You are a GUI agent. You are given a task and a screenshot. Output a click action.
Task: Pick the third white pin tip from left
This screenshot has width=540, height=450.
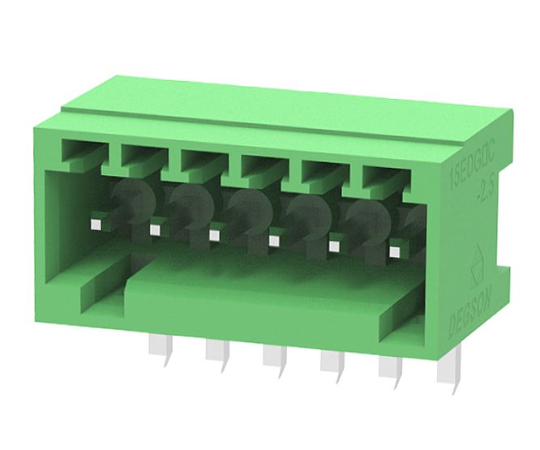coord(214,234)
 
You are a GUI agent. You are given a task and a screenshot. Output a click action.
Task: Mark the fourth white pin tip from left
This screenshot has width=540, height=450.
coord(274,240)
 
